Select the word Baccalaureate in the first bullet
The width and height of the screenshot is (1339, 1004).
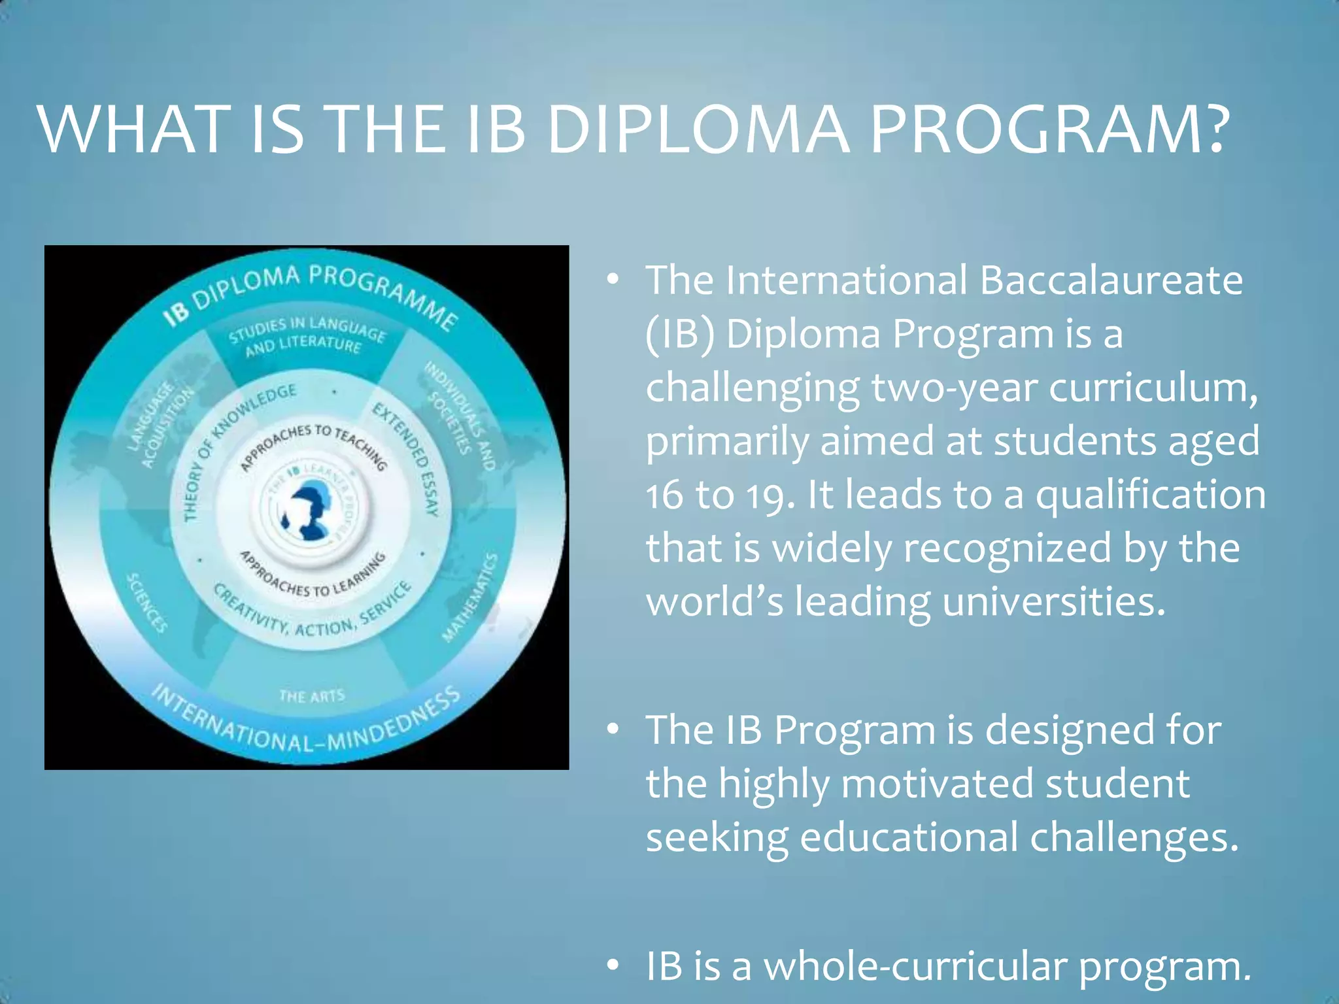click(1111, 280)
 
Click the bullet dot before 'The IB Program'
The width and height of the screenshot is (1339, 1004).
click(613, 729)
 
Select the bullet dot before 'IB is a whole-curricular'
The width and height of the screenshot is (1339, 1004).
click(613, 966)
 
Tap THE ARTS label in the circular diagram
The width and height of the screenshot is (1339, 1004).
click(311, 696)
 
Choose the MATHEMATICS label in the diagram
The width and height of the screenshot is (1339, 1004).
click(471, 597)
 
